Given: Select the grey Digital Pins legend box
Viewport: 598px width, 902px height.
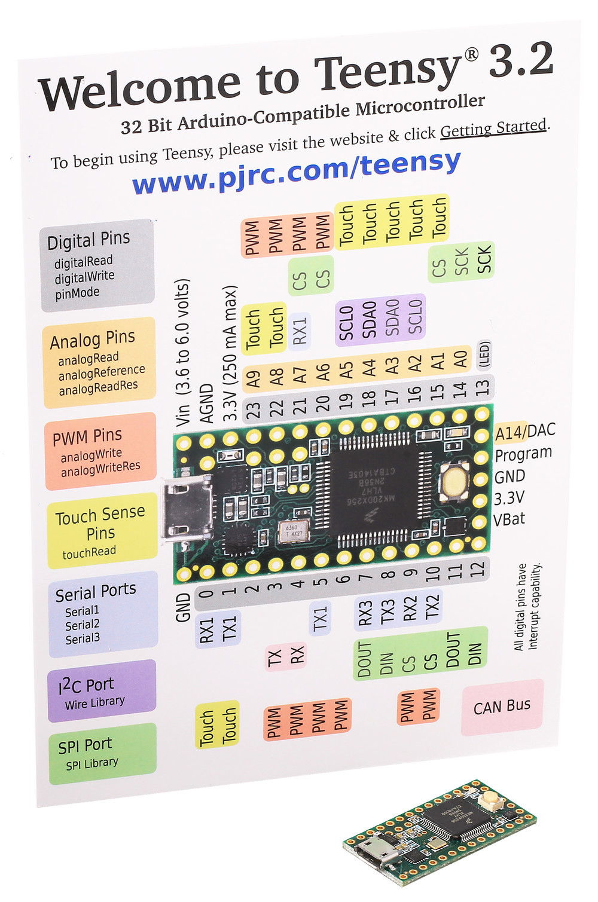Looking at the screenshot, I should tap(97, 265).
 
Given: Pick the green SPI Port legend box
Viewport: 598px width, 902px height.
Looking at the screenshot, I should tap(102, 753).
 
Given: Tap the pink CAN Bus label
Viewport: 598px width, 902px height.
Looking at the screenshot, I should tap(502, 707).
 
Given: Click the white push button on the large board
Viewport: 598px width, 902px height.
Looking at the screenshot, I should tap(454, 481).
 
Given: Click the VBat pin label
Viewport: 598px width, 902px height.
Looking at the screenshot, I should tap(509, 519).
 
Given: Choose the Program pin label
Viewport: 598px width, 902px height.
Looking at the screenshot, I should tap(523, 454).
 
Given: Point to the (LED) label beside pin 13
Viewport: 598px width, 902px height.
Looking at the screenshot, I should tap(484, 354).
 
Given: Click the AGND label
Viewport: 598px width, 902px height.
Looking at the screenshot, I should tap(207, 404).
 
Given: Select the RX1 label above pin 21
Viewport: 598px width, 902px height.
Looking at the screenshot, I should tap(300, 331).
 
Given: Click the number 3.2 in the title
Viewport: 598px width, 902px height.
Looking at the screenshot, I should tap(520, 61).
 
